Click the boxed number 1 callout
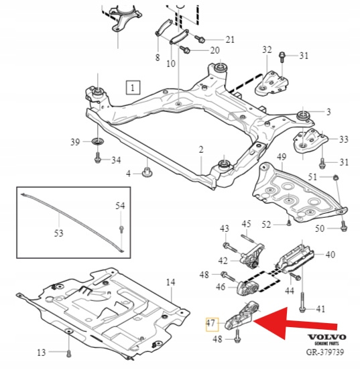pos(133,88)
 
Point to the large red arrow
pos(296,323)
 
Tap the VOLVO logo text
pos(326,337)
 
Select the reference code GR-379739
pos(325,352)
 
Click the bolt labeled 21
pos(200,39)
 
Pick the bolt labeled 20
pos(185,50)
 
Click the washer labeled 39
pos(97,141)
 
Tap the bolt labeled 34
pos(97,158)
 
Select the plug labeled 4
pos(147,172)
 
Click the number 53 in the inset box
pos(59,233)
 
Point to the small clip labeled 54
pos(121,229)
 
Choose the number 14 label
pos(171,282)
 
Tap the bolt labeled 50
pos(344,226)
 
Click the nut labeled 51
pos(335,177)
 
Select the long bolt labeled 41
pos(302,302)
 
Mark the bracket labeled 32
pos(272,83)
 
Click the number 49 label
pos(282,157)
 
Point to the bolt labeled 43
pos(230,247)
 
